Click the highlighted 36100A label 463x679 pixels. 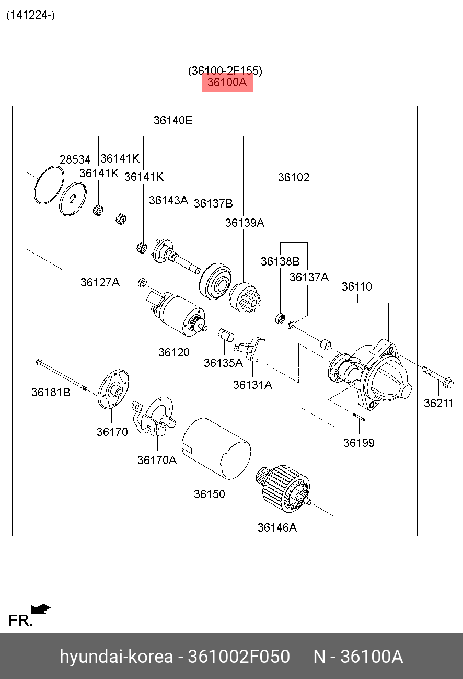tap(227, 83)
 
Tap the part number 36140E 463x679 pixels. tap(173, 120)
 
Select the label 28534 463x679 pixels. tap(75, 159)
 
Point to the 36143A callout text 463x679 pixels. tap(168, 200)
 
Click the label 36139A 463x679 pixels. tap(245, 223)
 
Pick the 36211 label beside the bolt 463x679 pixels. tap(438, 403)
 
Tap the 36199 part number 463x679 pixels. tap(359, 443)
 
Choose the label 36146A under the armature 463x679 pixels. tap(277, 527)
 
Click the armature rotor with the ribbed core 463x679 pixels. tap(283, 489)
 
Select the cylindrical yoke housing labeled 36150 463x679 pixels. tap(217, 448)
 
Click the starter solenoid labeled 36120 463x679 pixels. tap(177, 314)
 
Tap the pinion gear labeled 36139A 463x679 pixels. tap(245, 297)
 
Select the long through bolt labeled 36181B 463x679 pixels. tap(62, 375)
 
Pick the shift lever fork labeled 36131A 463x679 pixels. tap(249, 348)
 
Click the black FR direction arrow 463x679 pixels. tap(41, 609)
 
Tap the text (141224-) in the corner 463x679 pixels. tap(31, 15)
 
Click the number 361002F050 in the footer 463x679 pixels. tap(239, 657)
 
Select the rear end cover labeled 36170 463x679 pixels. tap(113, 389)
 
